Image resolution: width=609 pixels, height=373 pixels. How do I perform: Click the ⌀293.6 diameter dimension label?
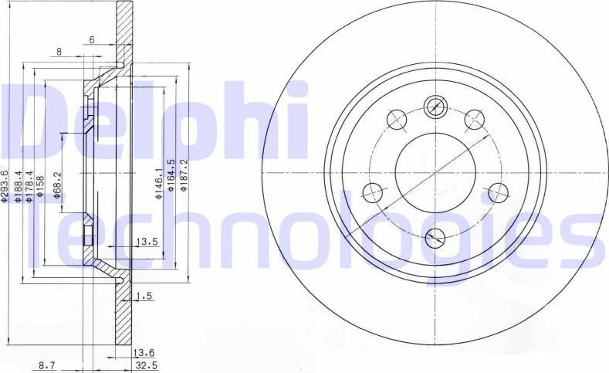pos(5,186)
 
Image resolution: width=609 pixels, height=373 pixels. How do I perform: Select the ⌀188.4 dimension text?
pos(19,186)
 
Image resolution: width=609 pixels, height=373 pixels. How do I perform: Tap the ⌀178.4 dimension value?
pos(30,186)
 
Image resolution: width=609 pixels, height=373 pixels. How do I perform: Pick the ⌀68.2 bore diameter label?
pos(57,186)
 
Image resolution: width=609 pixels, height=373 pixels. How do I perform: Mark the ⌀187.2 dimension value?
pos(184,178)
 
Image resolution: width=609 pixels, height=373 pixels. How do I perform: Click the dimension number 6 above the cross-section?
pos(92,39)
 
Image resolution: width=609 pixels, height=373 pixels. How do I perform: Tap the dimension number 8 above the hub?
pos(59,53)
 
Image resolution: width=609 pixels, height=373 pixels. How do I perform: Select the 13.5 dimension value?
pos(147,242)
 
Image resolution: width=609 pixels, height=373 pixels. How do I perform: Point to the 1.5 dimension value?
pos(143,296)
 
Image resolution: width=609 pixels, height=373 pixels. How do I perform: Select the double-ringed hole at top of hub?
pos(436,106)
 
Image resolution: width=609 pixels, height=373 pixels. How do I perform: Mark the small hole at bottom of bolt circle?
pos(435,236)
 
